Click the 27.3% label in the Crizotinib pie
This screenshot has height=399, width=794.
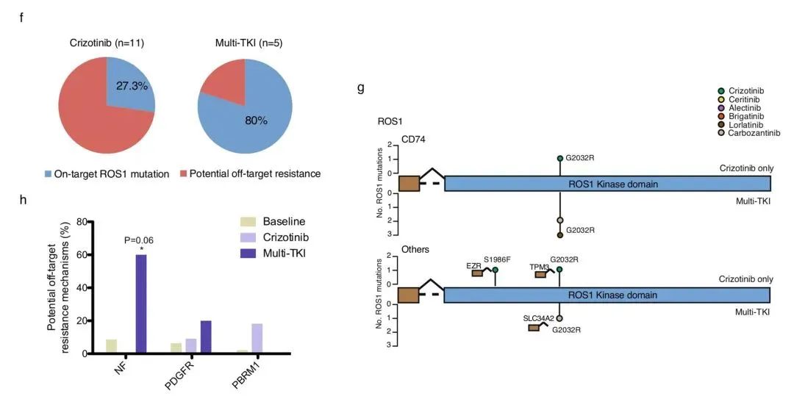[x=132, y=86]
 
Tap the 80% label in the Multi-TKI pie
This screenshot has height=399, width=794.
[x=257, y=121]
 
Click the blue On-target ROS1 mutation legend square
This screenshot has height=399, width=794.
[x=48, y=173]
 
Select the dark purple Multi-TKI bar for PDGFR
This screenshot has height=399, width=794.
[x=206, y=337]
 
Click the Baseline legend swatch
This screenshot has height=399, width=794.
[x=249, y=221]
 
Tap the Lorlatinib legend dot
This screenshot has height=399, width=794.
[x=721, y=124]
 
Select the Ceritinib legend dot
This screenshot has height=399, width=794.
[x=721, y=99]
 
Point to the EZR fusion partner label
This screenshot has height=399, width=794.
[x=473, y=265]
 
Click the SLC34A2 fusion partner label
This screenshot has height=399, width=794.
[x=537, y=318]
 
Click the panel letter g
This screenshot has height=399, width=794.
[x=360, y=88]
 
